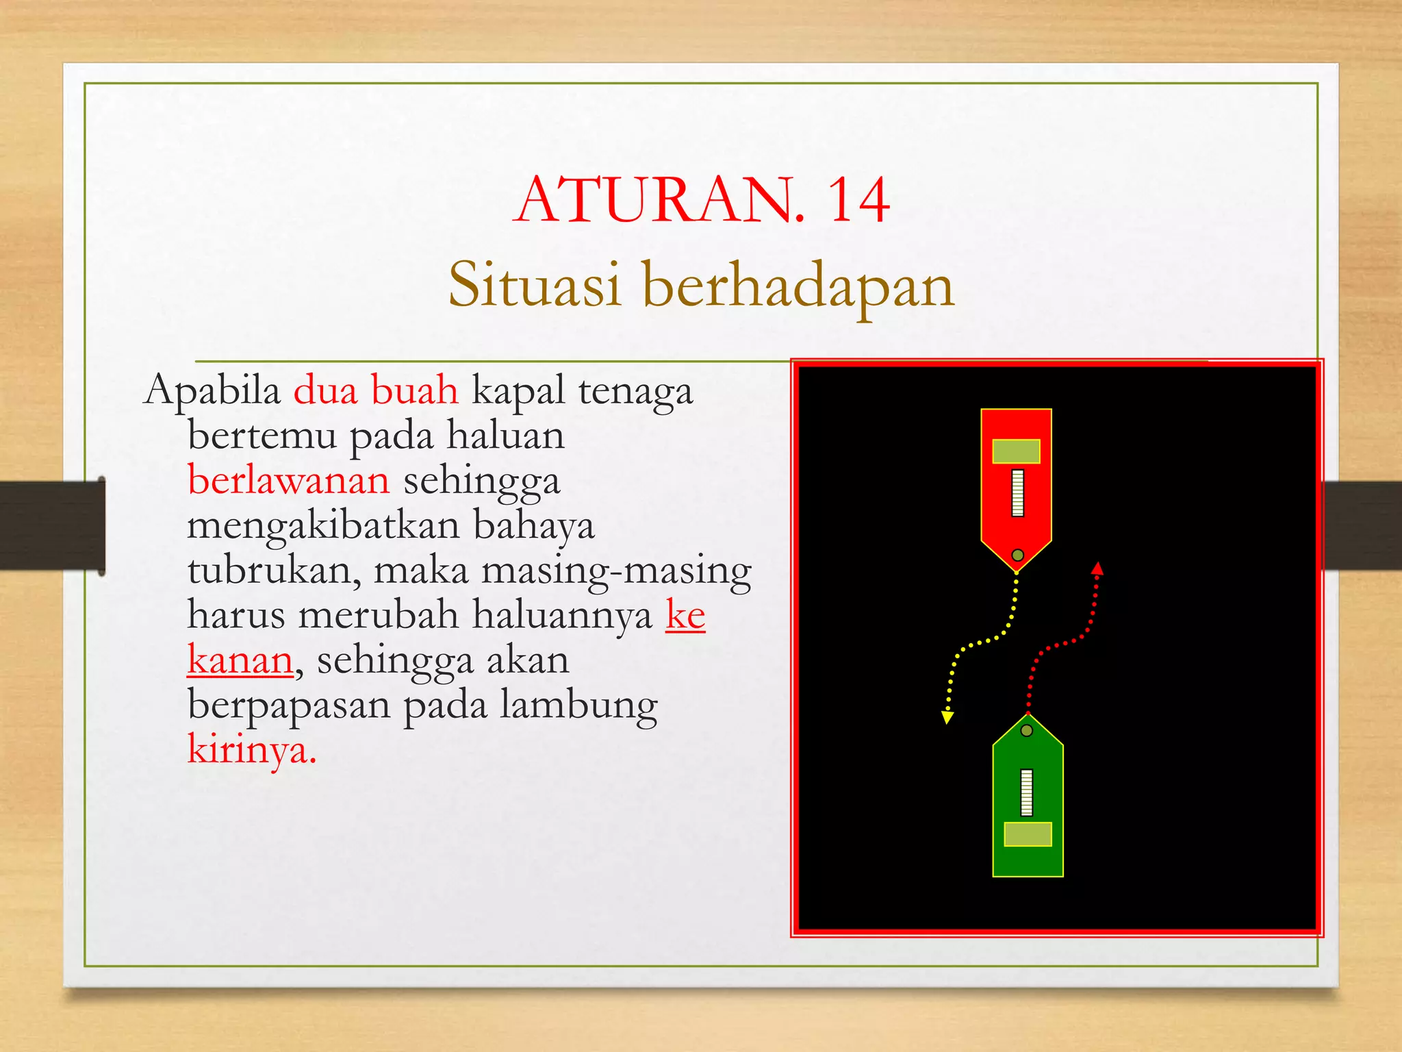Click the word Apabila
tap(212, 391)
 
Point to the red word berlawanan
tap(288, 480)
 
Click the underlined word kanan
tap(240, 660)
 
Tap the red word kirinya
tap(251, 749)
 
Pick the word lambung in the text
tap(578, 705)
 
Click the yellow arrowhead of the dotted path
tap(947, 717)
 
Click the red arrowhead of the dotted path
tap(1097, 568)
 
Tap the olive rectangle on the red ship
tap(1016, 451)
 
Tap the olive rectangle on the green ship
tap(1028, 834)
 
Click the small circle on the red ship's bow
tap(1017, 555)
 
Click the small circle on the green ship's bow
tap(1027, 731)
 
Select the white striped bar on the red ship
tap(1018, 492)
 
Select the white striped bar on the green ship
tap(1026, 792)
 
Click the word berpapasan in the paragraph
tap(288, 705)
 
